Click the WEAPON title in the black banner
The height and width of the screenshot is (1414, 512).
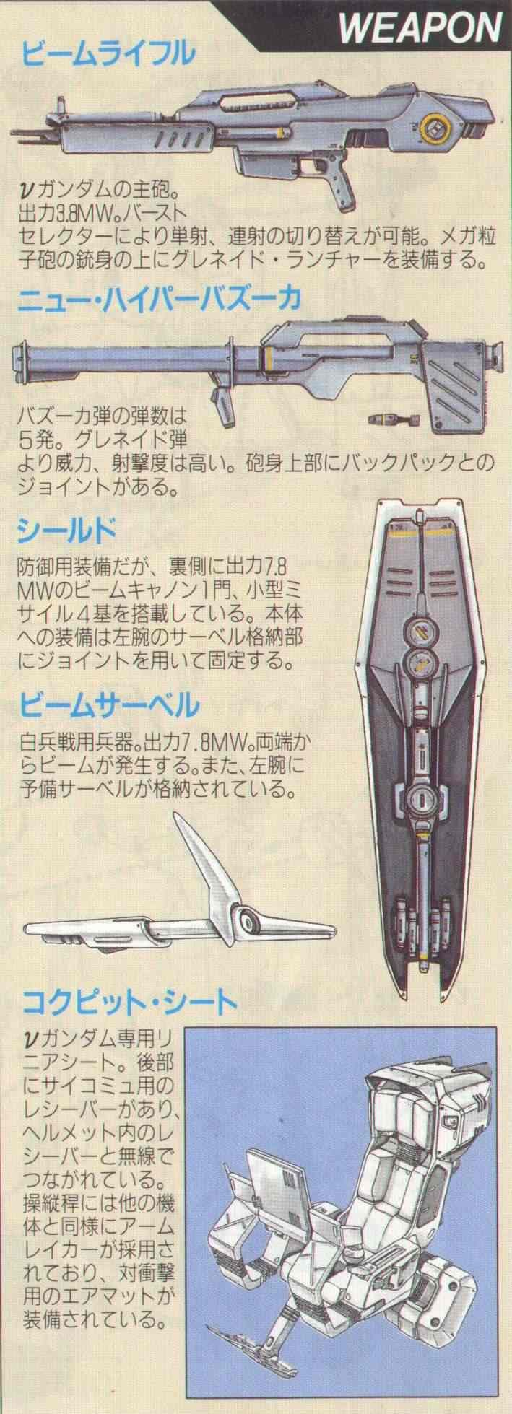(420, 29)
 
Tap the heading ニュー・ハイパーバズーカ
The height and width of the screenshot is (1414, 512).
(162, 297)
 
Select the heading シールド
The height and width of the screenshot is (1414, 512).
(66, 532)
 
